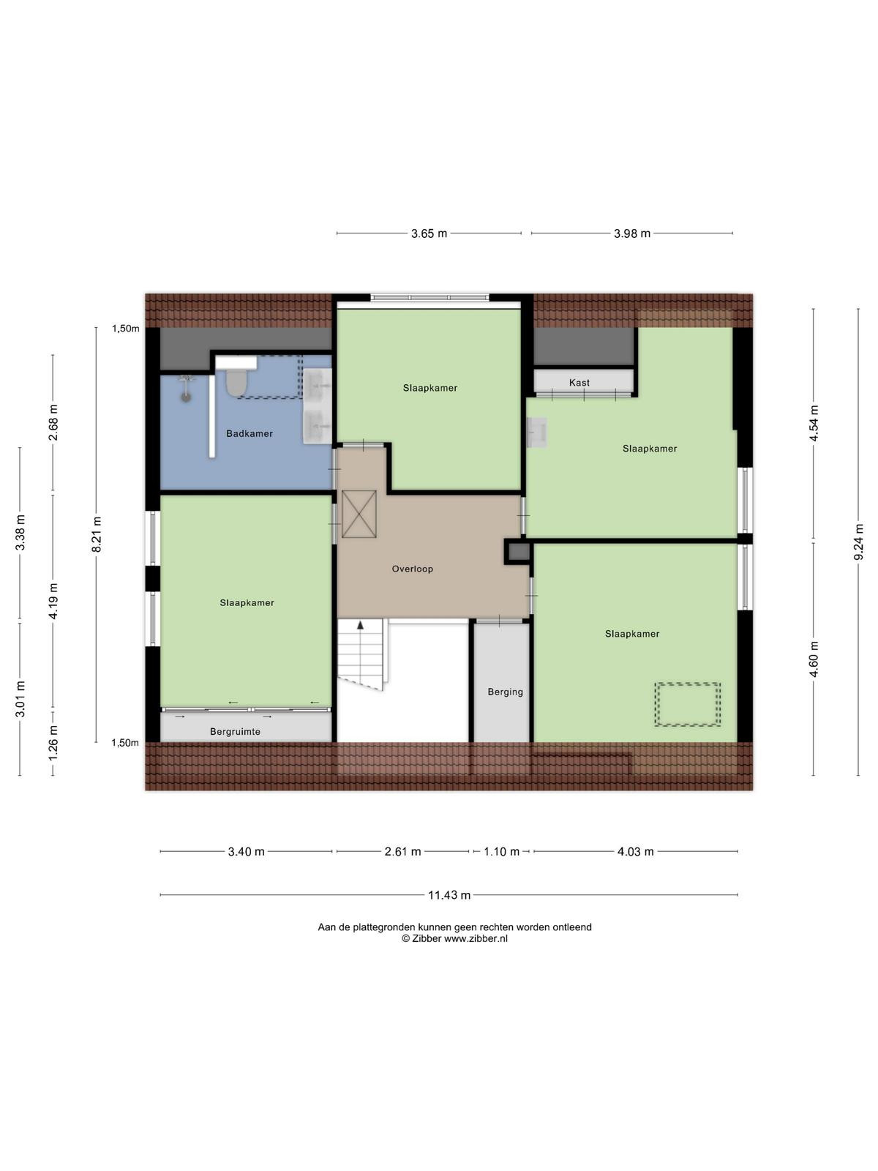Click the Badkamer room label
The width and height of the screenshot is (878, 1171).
pos(249,434)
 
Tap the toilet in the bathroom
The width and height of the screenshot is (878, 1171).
pos(235,382)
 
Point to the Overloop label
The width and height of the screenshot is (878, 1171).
pos(412,569)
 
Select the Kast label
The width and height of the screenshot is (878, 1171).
pos(579,383)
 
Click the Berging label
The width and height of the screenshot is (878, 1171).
pos(505,692)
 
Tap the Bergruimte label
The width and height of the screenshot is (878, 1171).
pos(235,731)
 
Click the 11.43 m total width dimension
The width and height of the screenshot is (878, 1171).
pos(449,894)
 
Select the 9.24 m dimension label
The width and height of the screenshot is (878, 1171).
pos(858,542)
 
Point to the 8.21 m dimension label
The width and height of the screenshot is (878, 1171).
pos(97,534)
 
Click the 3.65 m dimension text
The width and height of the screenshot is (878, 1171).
pos(429,233)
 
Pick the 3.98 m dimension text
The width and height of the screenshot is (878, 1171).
pos(632,233)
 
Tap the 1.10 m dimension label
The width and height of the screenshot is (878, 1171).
pos(501,851)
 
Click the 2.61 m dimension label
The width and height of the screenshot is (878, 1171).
pos(403,851)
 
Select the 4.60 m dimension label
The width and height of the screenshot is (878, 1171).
pos(814,659)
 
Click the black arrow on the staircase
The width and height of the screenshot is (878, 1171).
pos(361,625)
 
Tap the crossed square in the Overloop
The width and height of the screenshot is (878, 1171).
pos(359,514)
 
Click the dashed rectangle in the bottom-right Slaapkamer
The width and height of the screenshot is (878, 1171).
pos(688,704)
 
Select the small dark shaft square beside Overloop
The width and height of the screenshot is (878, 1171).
pos(517,552)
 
